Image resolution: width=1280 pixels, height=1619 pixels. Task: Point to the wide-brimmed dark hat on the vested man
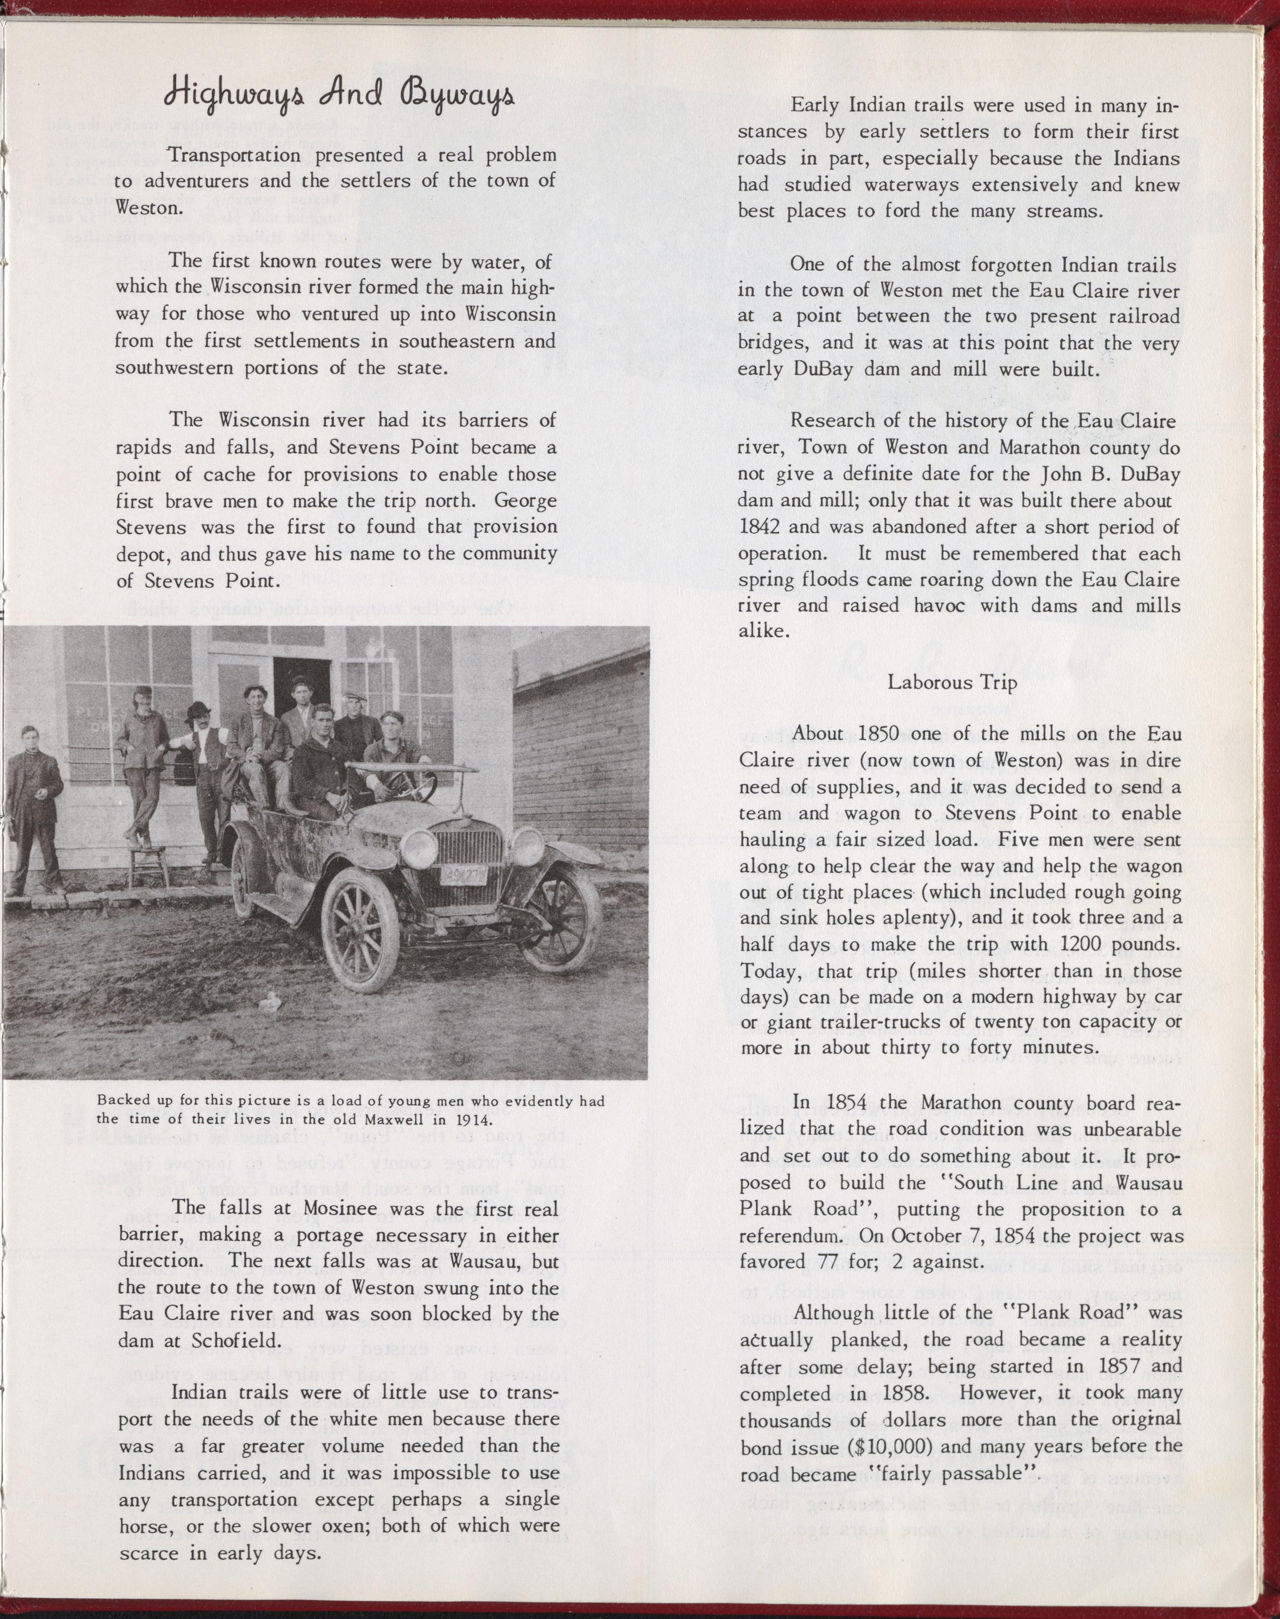tap(198, 710)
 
